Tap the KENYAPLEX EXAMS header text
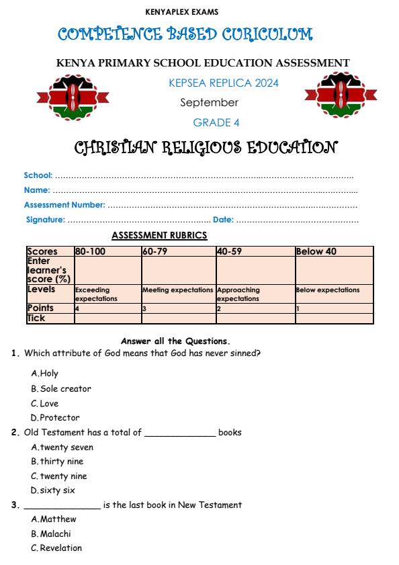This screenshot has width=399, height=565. click(x=181, y=11)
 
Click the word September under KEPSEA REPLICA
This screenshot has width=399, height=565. click(x=209, y=103)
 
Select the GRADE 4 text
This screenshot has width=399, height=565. click(x=216, y=122)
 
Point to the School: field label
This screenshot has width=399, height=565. click(x=38, y=175)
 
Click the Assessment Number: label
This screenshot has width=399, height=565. click(x=64, y=205)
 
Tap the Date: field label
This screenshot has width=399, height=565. click(x=223, y=220)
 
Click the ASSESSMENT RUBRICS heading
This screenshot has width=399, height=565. click(x=159, y=235)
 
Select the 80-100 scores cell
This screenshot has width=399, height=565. click(x=90, y=252)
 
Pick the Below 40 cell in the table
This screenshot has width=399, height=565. click(x=316, y=252)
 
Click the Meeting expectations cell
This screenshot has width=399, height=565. click(x=177, y=290)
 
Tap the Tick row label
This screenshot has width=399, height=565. click(x=36, y=318)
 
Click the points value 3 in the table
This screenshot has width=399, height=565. click(x=144, y=308)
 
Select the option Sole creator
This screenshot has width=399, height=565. click(x=61, y=389)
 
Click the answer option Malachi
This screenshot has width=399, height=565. click(x=52, y=534)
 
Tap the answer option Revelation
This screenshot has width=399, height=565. click(x=57, y=548)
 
